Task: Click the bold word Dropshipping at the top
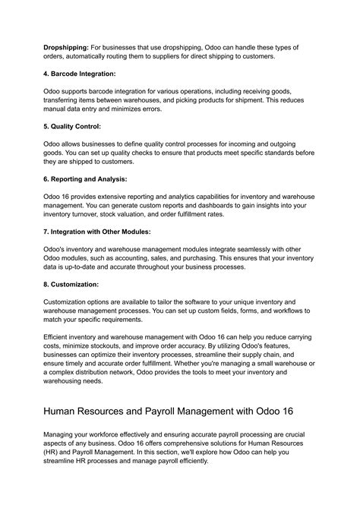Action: pos(65,47)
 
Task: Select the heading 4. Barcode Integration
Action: pos(79,74)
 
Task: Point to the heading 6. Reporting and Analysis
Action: pos(84,178)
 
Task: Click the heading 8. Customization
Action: pos(71,283)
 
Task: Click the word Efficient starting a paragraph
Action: pos(58,336)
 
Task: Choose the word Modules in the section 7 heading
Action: pos(133,231)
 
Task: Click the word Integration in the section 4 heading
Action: pos(98,74)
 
